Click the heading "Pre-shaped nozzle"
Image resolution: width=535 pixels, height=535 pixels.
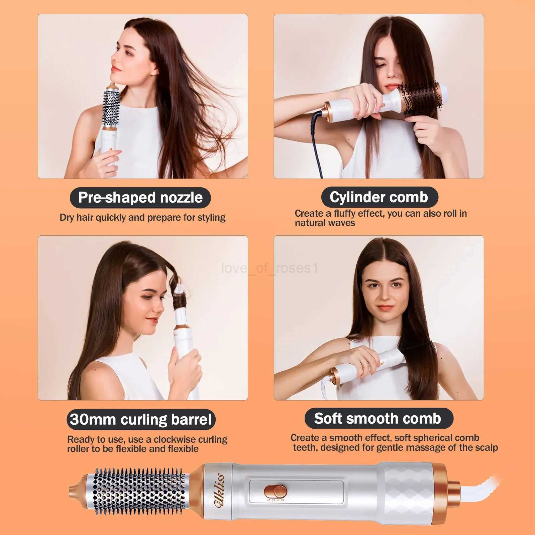click(x=140, y=198)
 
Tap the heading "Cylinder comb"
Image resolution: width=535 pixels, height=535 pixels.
click(x=379, y=197)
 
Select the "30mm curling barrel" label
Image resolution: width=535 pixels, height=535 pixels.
click(x=141, y=419)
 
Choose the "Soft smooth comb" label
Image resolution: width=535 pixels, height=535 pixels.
click(x=378, y=419)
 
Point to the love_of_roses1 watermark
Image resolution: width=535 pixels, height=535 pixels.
click(x=270, y=268)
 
